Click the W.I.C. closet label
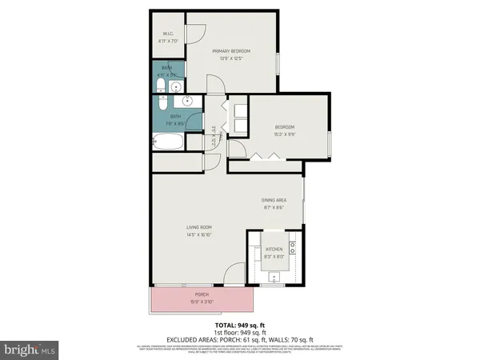168,33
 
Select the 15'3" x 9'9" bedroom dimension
286,134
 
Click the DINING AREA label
274,200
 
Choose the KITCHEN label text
274,249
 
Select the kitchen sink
274,277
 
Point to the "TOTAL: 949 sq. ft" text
240,326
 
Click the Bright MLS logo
30,349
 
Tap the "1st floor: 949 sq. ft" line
240,333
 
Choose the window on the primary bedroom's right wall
277,63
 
